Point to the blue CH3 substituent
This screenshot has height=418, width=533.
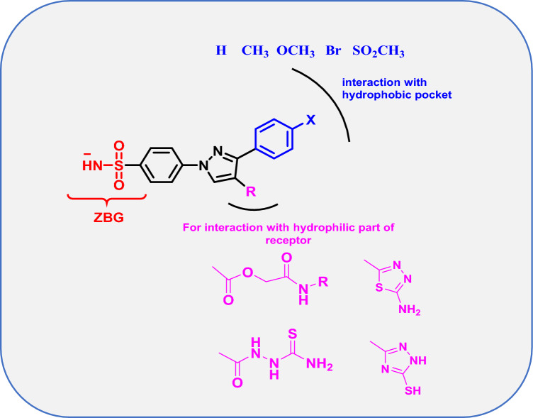(254, 52)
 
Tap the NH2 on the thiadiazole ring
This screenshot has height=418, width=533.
(409, 309)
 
